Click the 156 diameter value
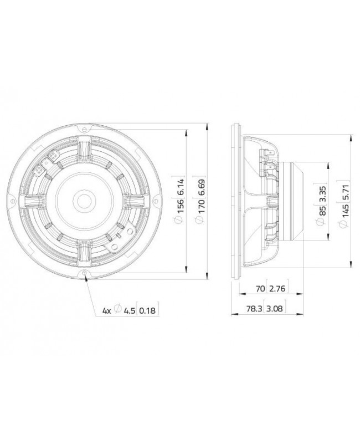[x=180, y=206]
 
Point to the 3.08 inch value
[x=275, y=309]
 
